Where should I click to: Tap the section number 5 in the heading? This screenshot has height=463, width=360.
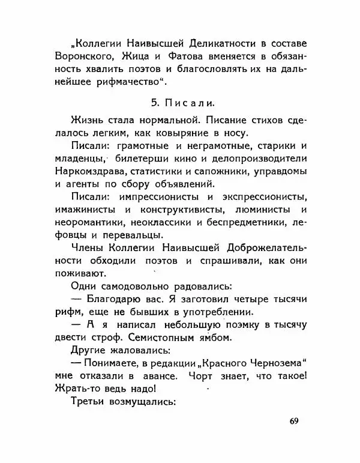[x=153, y=95]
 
